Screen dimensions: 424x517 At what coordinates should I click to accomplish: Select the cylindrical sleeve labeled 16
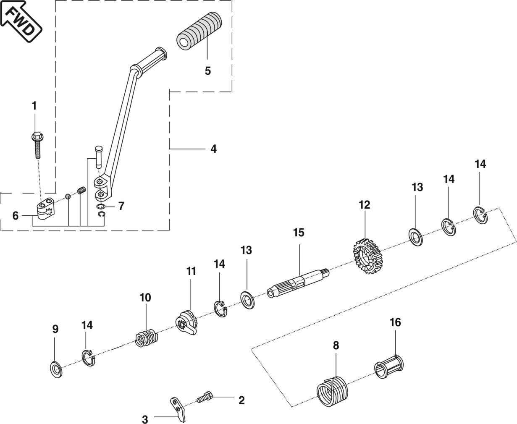[389, 366]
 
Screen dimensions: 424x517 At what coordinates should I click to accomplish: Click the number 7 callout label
[121, 206]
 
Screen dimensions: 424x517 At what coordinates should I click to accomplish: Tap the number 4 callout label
[213, 149]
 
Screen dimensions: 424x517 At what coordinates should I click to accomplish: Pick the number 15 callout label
[299, 232]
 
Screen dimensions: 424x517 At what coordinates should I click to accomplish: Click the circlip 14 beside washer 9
[87, 357]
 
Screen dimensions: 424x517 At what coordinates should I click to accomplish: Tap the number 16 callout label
[395, 322]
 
